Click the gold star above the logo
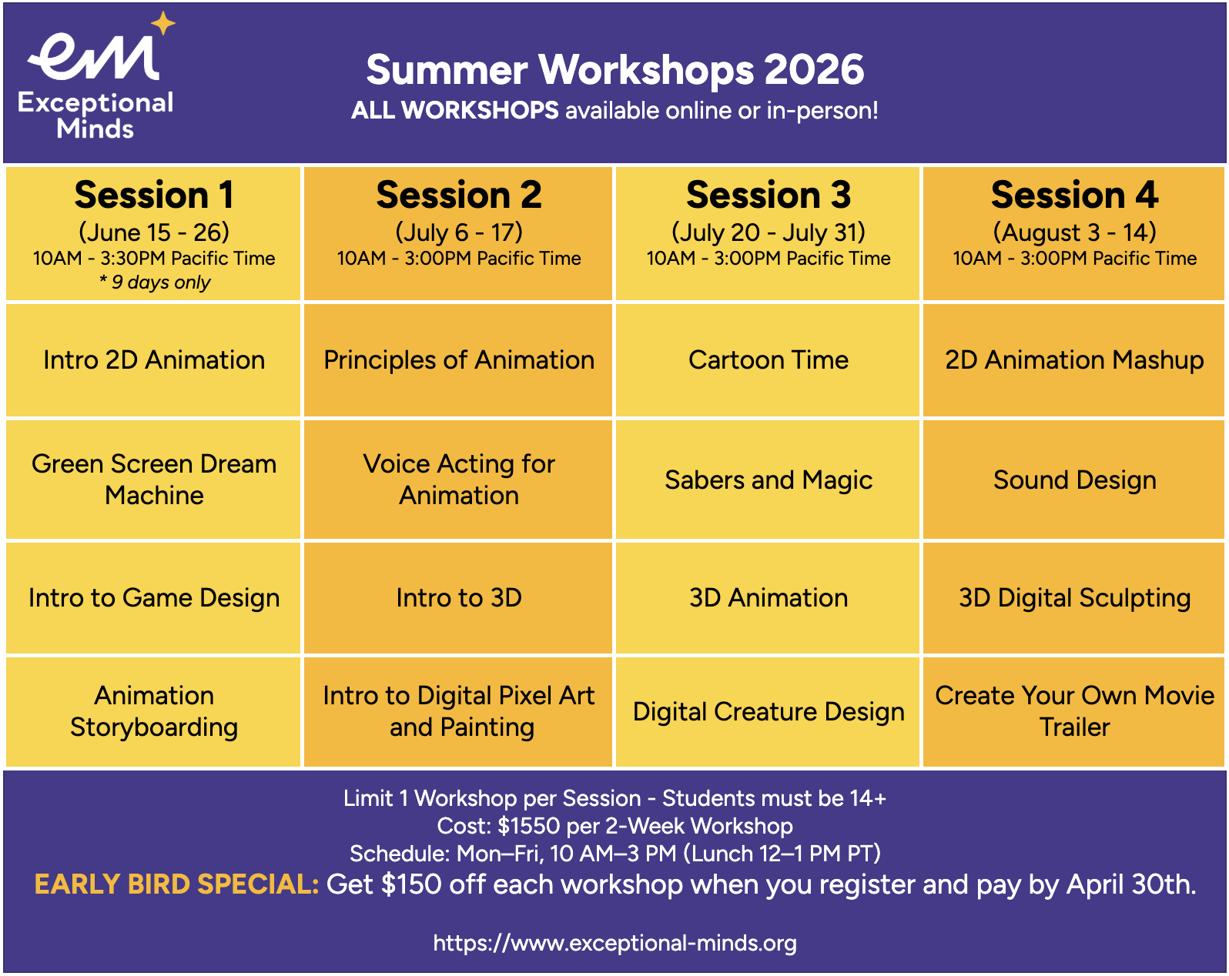163,23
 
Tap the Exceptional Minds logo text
95,115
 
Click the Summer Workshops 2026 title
615,69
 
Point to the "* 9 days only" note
155,282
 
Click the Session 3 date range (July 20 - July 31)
769,232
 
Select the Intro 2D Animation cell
154,360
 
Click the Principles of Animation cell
458,360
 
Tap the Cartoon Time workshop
769,360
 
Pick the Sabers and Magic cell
769,480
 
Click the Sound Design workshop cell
1074,480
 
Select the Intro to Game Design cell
154,597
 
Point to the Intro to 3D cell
458,597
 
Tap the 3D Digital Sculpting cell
1074,597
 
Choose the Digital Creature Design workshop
769,712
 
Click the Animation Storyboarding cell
154,712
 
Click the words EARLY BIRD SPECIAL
176,884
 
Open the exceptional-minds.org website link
615,943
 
